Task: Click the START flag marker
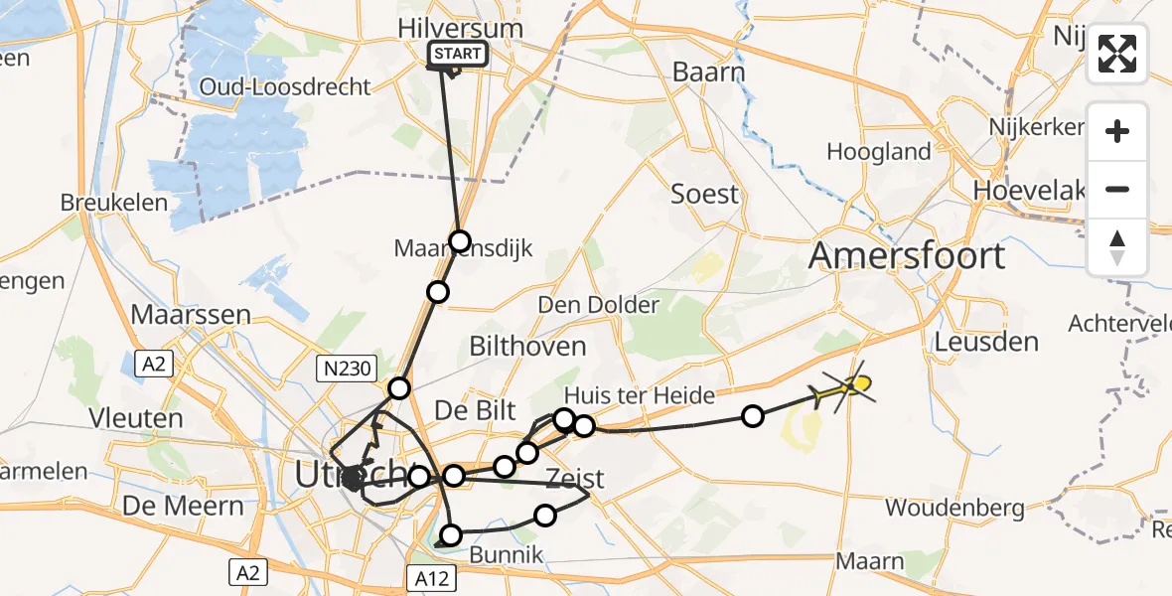click(x=458, y=55)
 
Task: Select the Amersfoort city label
click(x=906, y=256)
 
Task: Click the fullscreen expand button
click(x=1117, y=54)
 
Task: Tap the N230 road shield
click(x=345, y=370)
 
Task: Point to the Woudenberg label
click(x=954, y=508)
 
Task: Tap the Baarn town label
click(x=708, y=72)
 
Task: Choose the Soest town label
click(x=705, y=193)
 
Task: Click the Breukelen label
click(x=104, y=201)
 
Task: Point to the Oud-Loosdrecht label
click(x=285, y=86)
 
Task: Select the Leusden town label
click(x=986, y=342)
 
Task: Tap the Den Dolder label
click(x=598, y=304)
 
